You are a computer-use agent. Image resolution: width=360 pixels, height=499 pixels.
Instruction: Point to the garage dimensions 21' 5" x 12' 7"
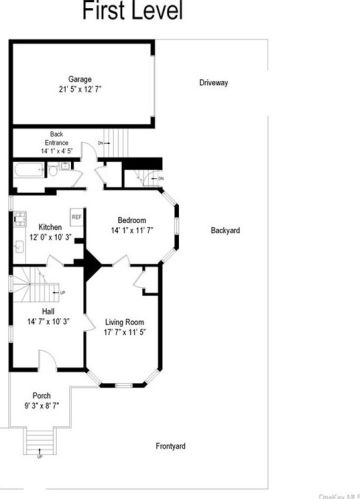click(x=80, y=89)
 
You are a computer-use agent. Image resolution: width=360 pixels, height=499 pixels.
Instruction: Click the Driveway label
click(x=213, y=82)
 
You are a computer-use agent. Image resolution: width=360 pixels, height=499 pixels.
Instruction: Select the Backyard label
click(x=225, y=231)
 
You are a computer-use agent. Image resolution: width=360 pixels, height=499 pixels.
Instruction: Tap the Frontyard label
click(x=171, y=446)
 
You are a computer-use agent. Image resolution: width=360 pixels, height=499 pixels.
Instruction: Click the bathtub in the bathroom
click(x=27, y=172)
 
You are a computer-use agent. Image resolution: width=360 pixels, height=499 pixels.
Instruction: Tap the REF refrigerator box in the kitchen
click(x=75, y=217)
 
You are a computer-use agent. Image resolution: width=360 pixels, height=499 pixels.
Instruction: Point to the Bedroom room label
click(x=132, y=220)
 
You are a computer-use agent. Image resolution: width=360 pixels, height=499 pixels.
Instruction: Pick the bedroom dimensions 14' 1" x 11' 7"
click(x=132, y=230)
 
